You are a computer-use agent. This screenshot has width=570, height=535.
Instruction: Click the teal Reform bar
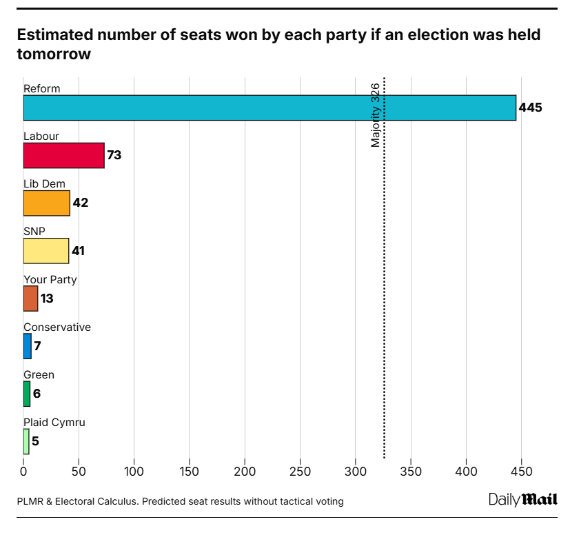pyautogui.click(x=269, y=108)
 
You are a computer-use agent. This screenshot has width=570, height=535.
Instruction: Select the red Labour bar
pyautogui.click(x=63, y=155)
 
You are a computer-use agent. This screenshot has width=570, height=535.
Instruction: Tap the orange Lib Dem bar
pyautogui.click(x=47, y=203)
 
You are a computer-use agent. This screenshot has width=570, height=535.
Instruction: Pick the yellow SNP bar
pyautogui.click(x=46, y=250)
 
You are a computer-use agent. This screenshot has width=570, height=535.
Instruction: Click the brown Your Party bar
pyautogui.click(x=30, y=299)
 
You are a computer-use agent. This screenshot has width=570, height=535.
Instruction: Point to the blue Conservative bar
pyautogui.click(x=28, y=346)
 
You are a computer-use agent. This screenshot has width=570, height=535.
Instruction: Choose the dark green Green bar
pyautogui.click(x=27, y=394)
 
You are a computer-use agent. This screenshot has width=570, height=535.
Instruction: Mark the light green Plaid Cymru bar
pyautogui.click(x=26, y=441)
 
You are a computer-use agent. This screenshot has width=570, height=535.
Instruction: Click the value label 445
pyautogui.click(x=531, y=108)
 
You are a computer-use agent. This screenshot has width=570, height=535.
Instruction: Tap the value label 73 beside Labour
pyautogui.click(x=114, y=155)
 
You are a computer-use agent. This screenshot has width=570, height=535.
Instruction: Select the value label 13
pyautogui.click(x=47, y=299)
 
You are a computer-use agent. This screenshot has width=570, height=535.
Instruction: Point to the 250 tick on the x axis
pyautogui.click(x=300, y=472)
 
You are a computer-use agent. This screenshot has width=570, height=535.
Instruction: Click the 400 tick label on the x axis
pyautogui.click(x=466, y=472)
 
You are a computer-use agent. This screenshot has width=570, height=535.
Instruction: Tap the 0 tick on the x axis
pyautogui.click(x=23, y=472)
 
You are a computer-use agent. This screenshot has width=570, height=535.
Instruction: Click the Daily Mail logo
pyautogui.click(x=523, y=499)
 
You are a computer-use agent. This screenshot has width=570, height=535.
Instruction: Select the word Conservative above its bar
pyautogui.click(x=57, y=327)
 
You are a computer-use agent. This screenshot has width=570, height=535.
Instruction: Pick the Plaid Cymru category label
pyautogui.click(x=54, y=423)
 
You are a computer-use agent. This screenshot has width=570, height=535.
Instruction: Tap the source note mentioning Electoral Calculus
pyautogui.click(x=180, y=501)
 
